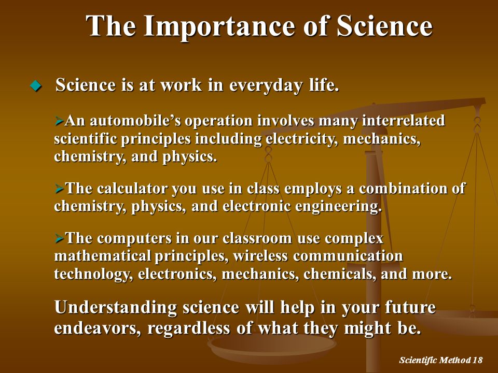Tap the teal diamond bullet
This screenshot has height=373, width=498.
36,85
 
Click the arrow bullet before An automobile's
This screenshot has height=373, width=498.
59,121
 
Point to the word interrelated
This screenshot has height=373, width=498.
404,121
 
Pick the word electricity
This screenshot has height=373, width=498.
301,139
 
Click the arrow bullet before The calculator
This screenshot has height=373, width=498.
59,189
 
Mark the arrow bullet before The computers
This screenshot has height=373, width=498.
59,238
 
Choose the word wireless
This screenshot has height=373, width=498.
260,256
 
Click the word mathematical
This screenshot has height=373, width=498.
103,256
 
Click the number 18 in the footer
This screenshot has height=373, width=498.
477,361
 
